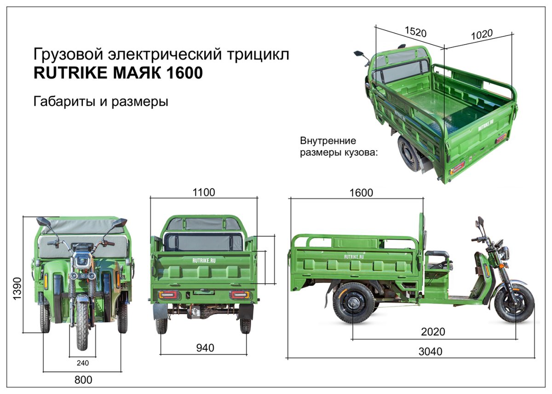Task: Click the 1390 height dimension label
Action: click(x=17, y=288)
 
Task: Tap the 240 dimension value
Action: click(x=82, y=363)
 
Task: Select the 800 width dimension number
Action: click(x=83, y=380)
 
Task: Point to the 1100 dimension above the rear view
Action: click(x=203, y=192)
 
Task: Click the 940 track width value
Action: click(x=205, y=348)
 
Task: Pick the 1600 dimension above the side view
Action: click(x=361, y=193)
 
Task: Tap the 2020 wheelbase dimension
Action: click(x=433, y=332)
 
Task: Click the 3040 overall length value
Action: click(x=430, y=352)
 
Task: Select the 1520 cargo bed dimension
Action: click(x=415, y=32)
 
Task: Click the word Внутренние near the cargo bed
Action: click(x=328, y=141)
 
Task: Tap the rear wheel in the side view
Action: click(x=353, y=303)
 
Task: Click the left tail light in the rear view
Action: click(x=169, y=294)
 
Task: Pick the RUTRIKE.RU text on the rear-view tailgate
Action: click(x=204, y=260)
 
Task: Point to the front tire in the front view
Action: click(x=82, y=325)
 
